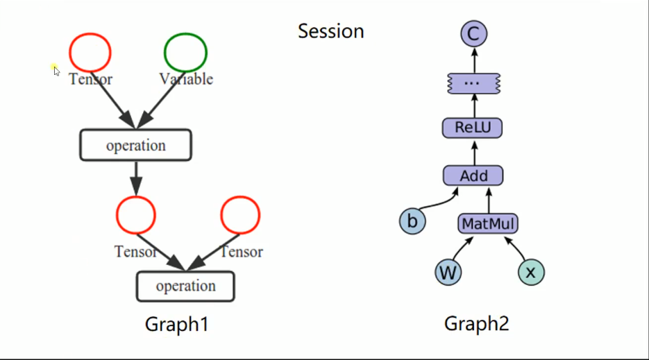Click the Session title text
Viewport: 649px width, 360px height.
pyautogui.click(x=331, y=31)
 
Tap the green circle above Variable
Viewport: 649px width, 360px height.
pyautogui.click(x=185, y=52)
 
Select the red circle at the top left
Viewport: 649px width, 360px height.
pyautogui.click(x=90, y=52)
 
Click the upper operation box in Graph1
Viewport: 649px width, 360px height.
pyautogui.click(x=135, y=146)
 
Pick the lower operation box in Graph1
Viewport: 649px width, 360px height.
pyautogui.click(x=185, y=286)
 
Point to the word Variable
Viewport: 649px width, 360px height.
pyautogui.click(x=186, y=79)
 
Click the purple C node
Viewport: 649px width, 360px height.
pyautogui.click(x=474, y=34)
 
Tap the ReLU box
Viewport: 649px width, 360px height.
pyautogui.click(x=472, y=128)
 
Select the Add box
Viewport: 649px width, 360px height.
pyautogui.click(x=473, y=175)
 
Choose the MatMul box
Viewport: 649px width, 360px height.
pyautogui.click(x=489, y=224)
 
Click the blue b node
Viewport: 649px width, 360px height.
pyautogui.click(x=412, y=221)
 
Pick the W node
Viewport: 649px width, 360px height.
pyautogui.click(x=448, y=273)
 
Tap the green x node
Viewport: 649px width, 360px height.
pyautogui.click(x=531, y=273)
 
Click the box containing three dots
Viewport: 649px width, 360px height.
pyautogui.click(x=472, y=83)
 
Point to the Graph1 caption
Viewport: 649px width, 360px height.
pyautogui.click(x=176, y=324)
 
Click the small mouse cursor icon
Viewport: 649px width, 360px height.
pyautogui.click(x=56, y=70)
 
